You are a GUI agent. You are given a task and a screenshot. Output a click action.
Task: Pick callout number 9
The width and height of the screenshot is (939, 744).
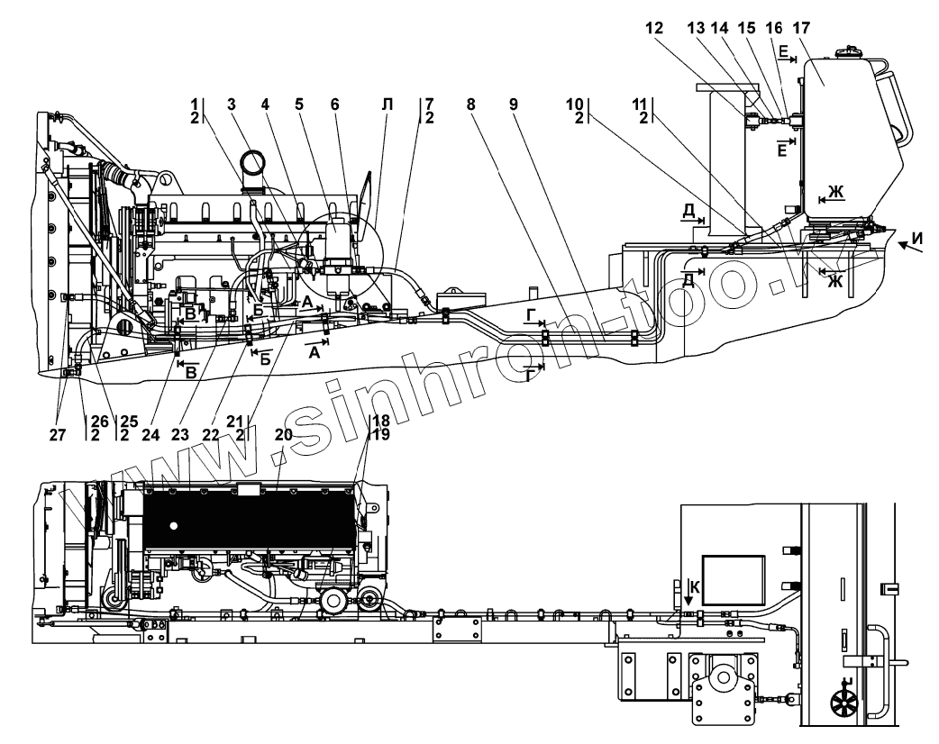[x=514, y=104]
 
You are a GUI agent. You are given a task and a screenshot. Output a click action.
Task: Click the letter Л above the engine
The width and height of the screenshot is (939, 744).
[x=387, y=104]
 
